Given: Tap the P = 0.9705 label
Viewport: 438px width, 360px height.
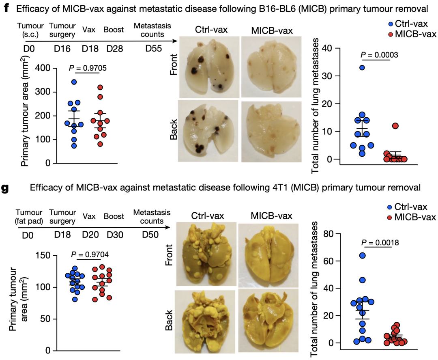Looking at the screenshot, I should coord(87,68).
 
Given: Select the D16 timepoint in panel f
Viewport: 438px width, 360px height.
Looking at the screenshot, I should coord(62,50).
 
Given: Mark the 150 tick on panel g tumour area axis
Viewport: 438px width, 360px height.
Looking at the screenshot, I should coord(44,256).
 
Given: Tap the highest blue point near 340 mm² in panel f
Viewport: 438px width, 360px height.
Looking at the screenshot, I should coord(74,82).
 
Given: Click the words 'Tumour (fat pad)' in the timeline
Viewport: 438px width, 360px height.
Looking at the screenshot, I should coord(27,217).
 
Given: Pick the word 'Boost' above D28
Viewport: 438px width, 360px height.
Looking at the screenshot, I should coord(114,30).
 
